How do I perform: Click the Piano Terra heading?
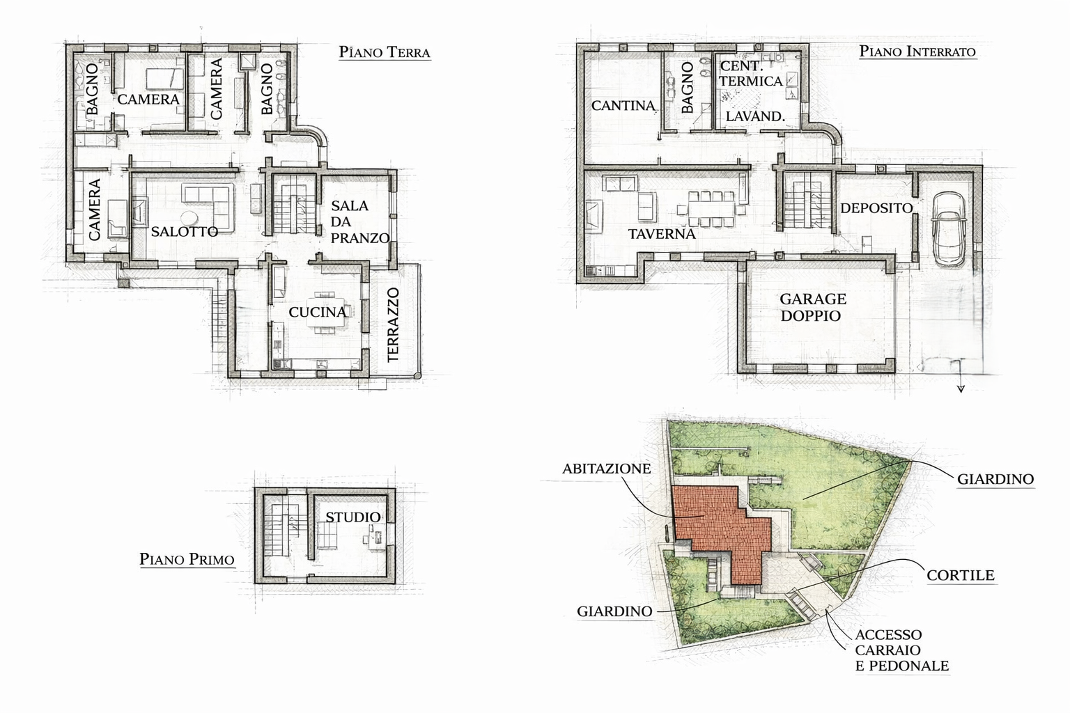[x=385, y=52]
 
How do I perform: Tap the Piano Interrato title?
[x=917, y=51]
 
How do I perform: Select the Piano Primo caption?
[x=187, y=558]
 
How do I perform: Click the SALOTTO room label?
[x=185, y=232]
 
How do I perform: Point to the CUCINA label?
[x=318, y=312]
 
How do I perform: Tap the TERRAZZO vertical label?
[x=393, y=324]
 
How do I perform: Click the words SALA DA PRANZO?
[x=360, y=221]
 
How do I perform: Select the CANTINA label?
[x=623, y=105]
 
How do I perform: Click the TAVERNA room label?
[x=662, y=234]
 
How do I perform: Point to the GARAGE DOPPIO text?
[x=812, y=307]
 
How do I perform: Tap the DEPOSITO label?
[x=876, y=208]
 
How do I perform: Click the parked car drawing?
[x=949, y=229]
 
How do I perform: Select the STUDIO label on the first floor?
[x=353, y=517]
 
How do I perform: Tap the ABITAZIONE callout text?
[x=606, y=469]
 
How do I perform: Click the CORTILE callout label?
[x=961, y=575]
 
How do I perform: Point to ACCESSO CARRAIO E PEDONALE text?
[x=902, y=650]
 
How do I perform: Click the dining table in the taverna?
[x=711, y=209]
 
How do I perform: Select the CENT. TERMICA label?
[x=750, y=74]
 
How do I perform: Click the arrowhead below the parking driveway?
[x=961, y=389]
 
